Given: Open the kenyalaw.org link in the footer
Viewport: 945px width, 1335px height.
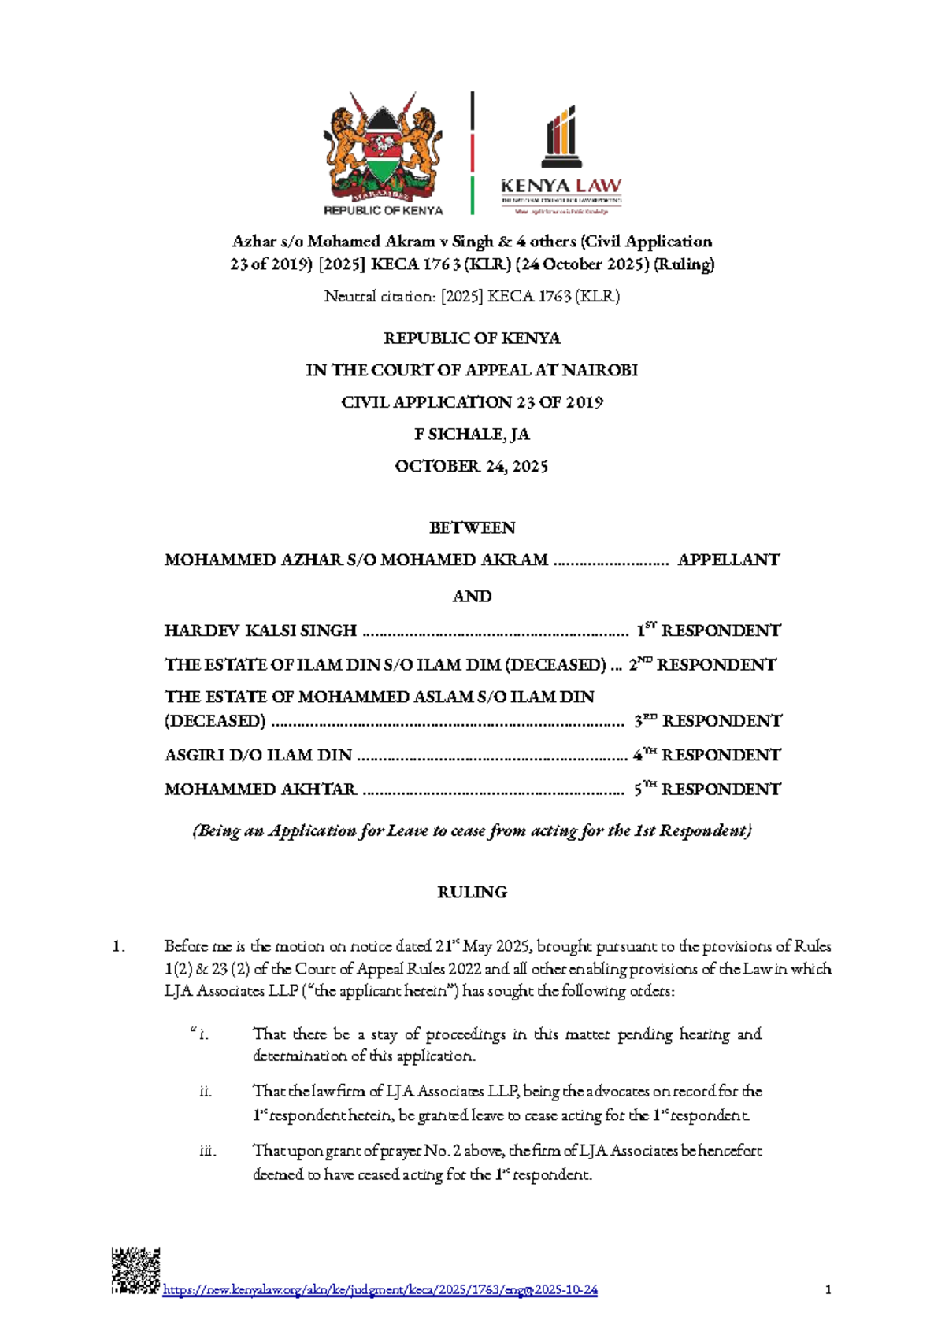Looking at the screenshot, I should [380, 1290].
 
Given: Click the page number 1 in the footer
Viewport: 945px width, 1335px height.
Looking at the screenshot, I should [828, 1290].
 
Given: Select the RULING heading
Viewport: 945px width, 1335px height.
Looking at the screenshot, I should [472, 892].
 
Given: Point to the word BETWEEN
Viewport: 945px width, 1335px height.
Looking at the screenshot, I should [472, 527].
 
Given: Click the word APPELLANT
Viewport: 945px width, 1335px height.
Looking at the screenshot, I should [728, 560].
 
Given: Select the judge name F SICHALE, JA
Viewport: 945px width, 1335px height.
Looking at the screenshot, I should [472, 434].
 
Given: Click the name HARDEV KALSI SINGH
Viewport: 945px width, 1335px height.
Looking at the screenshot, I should [261, 631].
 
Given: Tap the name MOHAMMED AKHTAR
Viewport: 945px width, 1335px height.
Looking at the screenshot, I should [261, 789].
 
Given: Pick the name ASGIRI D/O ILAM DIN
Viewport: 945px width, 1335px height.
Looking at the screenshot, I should [258, 755].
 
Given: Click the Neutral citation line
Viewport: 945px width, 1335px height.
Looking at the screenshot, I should [472, 297].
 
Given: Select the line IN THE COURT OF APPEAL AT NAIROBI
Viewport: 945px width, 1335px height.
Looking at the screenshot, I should [472, 370].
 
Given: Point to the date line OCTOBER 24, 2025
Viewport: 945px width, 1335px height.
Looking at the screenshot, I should [472, 466].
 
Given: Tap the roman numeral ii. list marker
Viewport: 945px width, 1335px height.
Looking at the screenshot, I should [206, 1092].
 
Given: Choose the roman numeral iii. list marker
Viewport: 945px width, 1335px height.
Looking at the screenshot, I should [207, 1151].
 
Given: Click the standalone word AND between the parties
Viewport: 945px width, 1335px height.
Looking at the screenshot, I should [472, 596].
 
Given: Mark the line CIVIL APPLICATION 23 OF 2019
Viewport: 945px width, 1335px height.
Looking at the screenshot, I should [472, 402].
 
